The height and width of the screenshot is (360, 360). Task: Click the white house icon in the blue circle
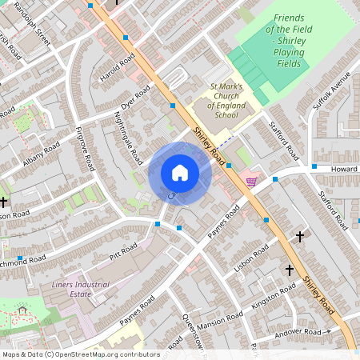180,173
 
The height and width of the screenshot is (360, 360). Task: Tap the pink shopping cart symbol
252,182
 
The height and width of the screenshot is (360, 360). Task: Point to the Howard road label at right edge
346,170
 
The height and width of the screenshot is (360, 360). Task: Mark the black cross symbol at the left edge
4,202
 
